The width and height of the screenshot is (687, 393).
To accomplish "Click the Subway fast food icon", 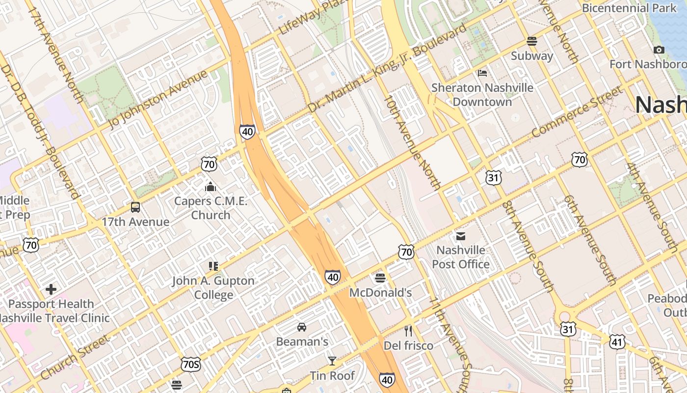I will point(532,41).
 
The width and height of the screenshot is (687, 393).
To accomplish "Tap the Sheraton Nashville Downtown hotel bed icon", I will point(482,73).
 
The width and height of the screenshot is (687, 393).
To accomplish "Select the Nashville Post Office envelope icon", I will point(461,236).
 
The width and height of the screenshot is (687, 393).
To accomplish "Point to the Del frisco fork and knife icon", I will point(408,331).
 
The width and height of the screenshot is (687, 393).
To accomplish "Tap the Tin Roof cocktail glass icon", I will point(332,361).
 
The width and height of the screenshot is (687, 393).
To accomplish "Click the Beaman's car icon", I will point(302,327).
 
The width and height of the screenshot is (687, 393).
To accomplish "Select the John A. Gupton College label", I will point(213,288).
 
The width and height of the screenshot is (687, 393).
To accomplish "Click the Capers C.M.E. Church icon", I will point(211,187).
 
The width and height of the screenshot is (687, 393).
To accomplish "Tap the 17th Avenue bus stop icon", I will point(135,207).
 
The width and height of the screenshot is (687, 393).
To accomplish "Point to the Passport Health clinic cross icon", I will point(51,289).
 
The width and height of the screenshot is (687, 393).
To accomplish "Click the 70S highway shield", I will point(191,364).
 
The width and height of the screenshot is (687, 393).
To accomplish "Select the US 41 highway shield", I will point(617,342).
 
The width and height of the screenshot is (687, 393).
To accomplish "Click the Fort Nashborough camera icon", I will point(659,50).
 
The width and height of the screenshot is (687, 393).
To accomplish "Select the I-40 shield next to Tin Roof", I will point(387,379).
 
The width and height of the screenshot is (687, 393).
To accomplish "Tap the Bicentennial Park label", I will point(629,8).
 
